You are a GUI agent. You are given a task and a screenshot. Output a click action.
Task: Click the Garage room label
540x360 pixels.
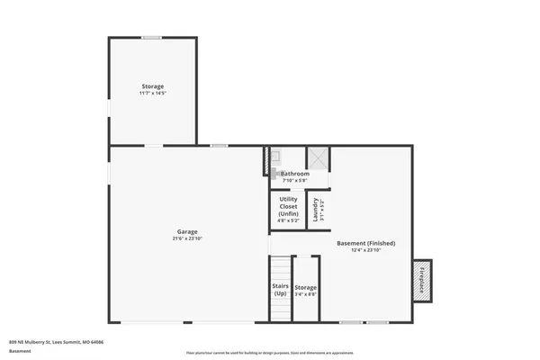pyautogui.click(x=187, y=231)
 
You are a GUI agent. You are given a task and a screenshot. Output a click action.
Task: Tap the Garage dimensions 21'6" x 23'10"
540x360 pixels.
pyautogui.click(x=187, y=238)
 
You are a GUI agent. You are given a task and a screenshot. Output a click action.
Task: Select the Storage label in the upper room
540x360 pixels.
pyautogui.click(x=152, y=86)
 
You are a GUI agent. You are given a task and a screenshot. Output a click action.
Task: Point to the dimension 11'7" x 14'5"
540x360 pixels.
pyautogui.click(x=152, y=94)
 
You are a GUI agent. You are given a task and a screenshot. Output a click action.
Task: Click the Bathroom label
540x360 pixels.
pyautogui.click(x=294, y=173)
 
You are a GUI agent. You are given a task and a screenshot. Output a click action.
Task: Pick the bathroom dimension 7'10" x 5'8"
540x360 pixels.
pyautogui.click(x=294, y=180)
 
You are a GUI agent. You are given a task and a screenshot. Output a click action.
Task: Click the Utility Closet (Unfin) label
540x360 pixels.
pyautogui.click(x=288, y=206)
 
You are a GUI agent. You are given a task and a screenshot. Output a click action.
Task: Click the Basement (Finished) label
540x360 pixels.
pyautogui.click(x=365, y=243)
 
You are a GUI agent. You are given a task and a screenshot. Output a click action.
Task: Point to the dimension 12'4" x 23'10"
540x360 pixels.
pyautogui.click(x=365, y=250)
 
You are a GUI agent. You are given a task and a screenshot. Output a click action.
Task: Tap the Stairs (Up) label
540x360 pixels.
pyautogui.click(x=280, y=289)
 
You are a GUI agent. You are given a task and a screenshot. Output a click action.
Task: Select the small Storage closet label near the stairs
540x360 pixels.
pyautogui.click(x=306, y=287)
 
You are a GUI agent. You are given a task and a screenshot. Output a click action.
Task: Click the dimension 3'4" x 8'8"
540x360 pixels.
pyautogui.click(x=306, y=294)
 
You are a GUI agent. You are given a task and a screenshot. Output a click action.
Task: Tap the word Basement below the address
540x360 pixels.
pyautogui.click(x=20, y=351)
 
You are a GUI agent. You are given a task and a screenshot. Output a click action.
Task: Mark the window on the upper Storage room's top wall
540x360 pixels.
pyautogui.click(x=151, y=37)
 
